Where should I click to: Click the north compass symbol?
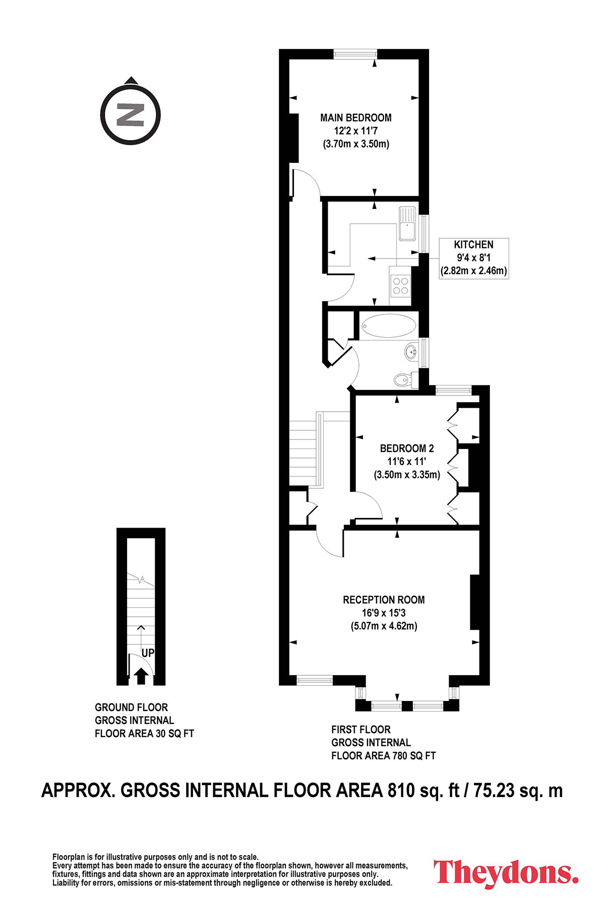(131, 115)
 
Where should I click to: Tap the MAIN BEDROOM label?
(356, 118)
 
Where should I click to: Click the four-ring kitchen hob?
(400, 286)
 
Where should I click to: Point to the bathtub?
(389, 326)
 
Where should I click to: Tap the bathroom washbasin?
(411, 351)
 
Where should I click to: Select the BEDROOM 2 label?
(407, 448)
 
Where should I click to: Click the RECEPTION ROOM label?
(384, 600)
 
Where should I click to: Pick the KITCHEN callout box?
(474, 258)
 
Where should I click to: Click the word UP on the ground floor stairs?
(148, 653)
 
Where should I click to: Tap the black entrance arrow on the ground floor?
(141, 676)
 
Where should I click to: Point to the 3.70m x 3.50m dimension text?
(356, 144)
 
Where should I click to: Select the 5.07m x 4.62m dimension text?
(384, 626)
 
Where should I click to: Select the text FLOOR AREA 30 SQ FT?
(144, 734)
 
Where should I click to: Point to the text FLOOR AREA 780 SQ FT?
(383, 756)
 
